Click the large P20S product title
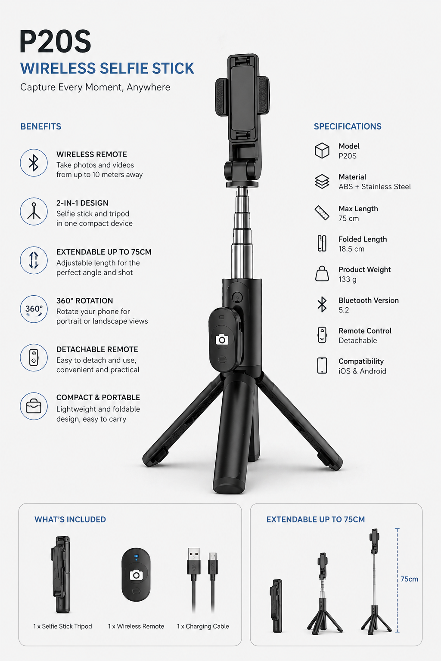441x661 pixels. click(55, 42)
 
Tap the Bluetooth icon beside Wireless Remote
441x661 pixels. click(34, 163)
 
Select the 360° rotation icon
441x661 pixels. click(34, 309)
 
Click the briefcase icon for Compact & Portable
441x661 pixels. click(34, 406)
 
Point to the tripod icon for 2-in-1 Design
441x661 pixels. click(34, 211)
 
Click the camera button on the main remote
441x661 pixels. click(222, 340)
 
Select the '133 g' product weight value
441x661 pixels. click(348, 279)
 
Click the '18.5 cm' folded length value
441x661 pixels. click(351, 249)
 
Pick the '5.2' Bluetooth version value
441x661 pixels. click(344, 310)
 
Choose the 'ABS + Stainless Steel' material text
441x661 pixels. click(375, 187)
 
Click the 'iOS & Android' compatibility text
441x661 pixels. click(362, 371)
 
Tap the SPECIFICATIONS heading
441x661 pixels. click(348, 127)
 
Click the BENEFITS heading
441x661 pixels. click(41, 127)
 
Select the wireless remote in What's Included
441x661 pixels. click(136, 575)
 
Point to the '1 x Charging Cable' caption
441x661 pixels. click(203, 626)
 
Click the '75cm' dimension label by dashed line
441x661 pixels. click(409, 579)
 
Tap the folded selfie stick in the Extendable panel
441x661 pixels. click(276, 605)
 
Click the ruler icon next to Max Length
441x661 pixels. click(322, 213)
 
